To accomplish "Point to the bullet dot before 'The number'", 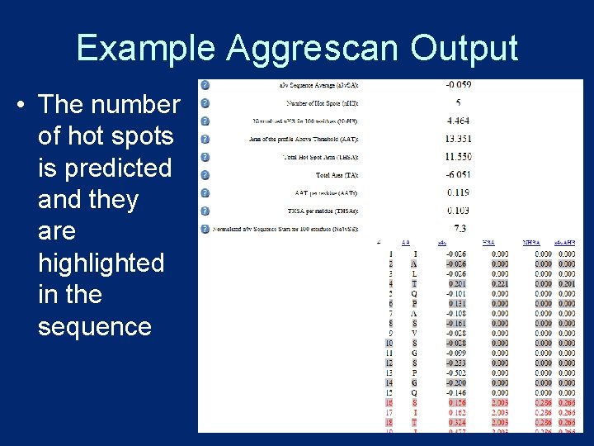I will [16, 106].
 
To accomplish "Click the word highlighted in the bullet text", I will [101, 263].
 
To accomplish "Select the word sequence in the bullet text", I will [95, 326].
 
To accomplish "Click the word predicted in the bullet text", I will [105, 168].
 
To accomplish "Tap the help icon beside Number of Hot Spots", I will [205, 102].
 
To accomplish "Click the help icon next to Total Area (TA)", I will [205, 174].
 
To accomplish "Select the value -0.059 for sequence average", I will [458, 84].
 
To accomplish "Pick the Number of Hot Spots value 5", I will [458, 102].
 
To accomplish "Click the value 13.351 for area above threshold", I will [458, 139].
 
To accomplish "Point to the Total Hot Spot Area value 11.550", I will [458, 156].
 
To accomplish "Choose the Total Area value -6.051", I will [458, 174].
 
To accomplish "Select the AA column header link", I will [405, 243].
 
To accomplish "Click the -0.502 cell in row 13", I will [456, 372].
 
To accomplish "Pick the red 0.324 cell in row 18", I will [456, 422].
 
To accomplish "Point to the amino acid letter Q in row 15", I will [414, 392].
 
